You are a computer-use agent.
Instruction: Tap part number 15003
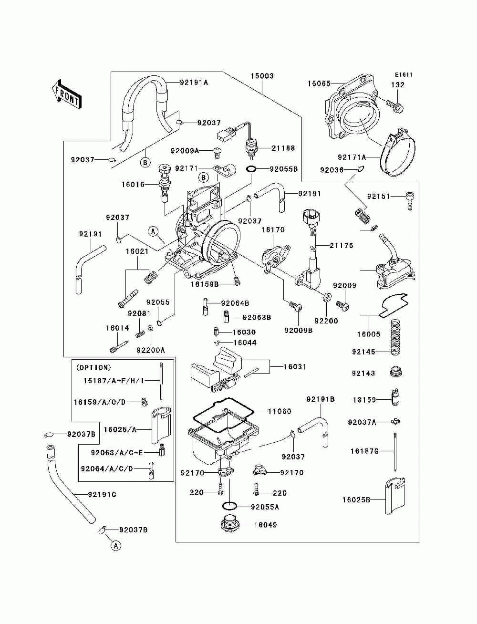(x=262, y=76)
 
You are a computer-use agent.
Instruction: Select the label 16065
(x=319, y=83)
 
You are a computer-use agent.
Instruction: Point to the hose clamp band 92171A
(x=397, y=156)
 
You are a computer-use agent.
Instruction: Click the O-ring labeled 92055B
(x=251, y=169)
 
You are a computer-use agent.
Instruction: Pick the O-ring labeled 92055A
(x=229, y=506)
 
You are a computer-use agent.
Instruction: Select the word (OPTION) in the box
(x=93, y=367)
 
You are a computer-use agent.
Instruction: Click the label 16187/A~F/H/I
(x=114, y=380)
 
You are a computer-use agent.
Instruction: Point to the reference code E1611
(x=404, y=75)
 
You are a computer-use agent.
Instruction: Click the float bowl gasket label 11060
(x=280, y=411)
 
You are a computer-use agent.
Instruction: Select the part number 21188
(x=283, y=148)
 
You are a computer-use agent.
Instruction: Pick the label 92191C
(x=102, y=495)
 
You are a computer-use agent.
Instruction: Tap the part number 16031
(x=295, y=367)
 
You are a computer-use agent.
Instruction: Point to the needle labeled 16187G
(x=395, y=451)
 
